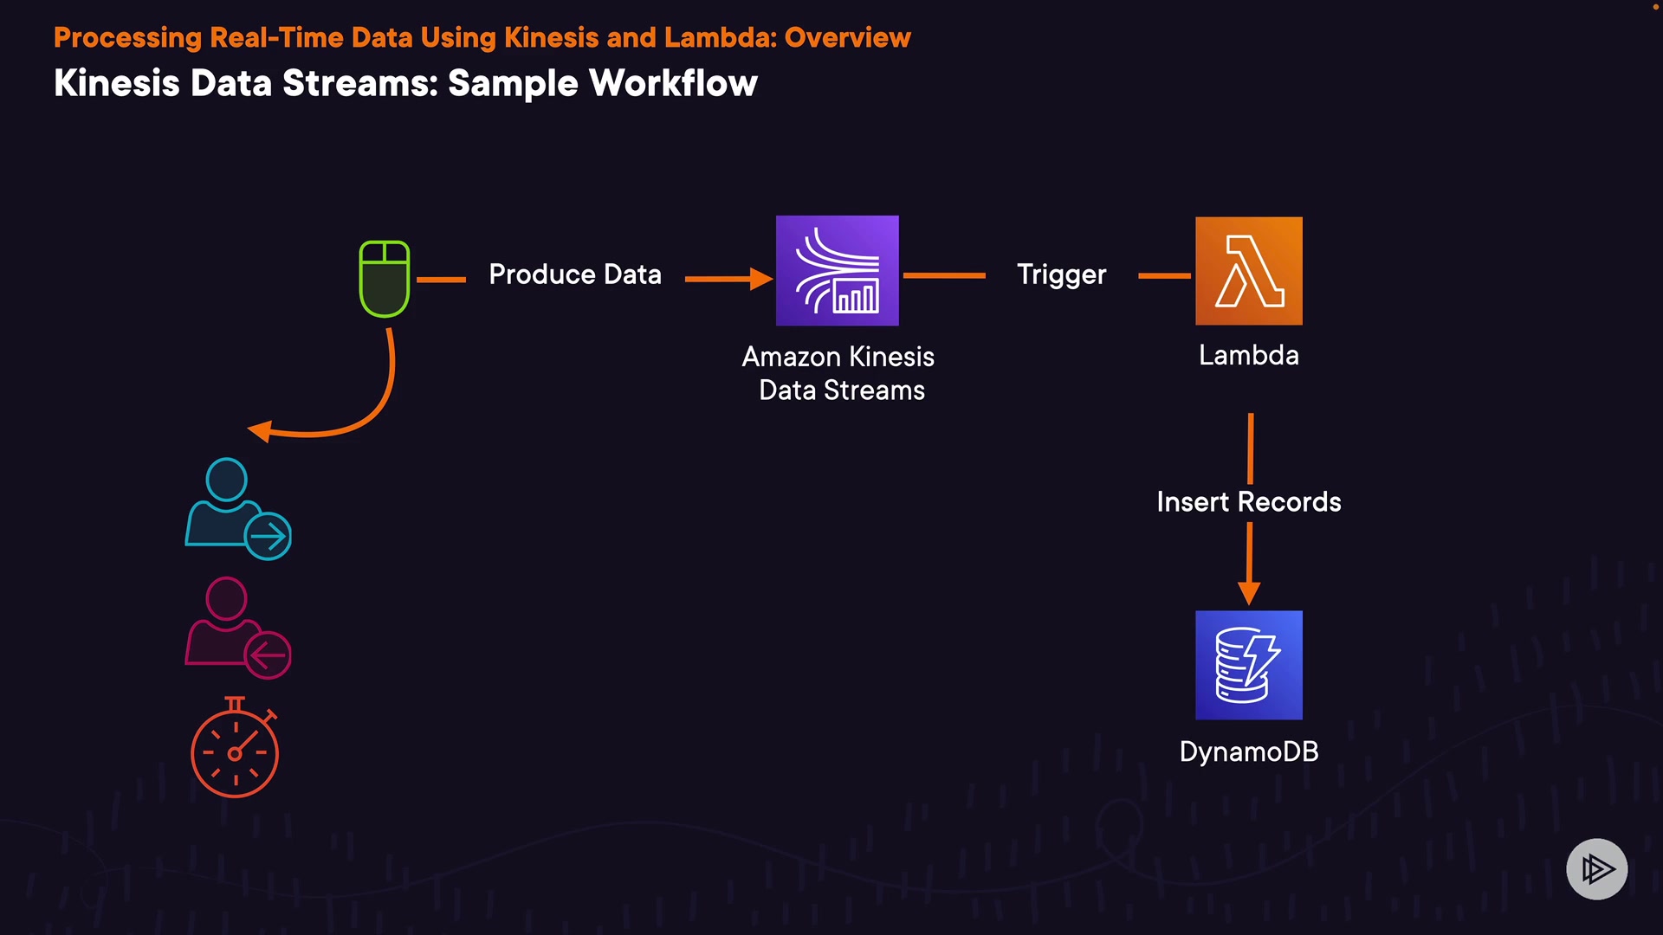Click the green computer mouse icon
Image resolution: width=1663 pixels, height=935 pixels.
385,279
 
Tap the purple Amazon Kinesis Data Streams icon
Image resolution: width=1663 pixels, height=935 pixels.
837,271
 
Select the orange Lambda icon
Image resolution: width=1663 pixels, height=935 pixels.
1248,271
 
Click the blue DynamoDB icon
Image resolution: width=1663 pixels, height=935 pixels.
1248,665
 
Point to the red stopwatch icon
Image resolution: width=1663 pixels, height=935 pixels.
235,750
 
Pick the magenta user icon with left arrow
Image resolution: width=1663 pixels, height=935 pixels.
237,629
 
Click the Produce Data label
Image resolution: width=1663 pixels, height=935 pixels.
575,274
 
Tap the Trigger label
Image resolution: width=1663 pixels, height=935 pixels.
1061,274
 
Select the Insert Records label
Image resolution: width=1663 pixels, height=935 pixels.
1248,502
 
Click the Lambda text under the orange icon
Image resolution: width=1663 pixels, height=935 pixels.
1248,355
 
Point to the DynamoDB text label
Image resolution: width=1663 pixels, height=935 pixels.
1248,751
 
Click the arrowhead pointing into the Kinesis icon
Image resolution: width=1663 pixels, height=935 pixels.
761,279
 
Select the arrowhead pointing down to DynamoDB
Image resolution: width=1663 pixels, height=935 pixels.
1248,593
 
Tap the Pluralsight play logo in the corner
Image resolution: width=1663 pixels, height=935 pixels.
1596,868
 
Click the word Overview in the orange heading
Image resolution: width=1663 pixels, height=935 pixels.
847,38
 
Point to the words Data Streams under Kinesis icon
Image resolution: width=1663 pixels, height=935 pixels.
841,390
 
